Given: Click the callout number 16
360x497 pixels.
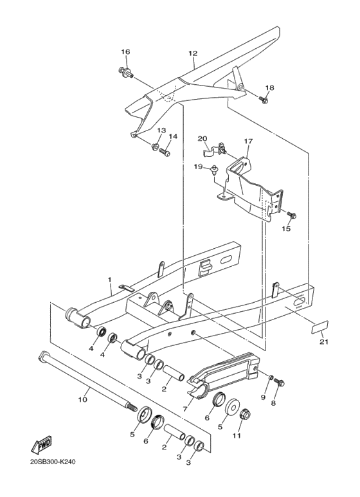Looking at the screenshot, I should point(125,51).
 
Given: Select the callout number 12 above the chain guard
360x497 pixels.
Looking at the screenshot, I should point(192,53).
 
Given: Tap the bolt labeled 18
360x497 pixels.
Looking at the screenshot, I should point(264,100).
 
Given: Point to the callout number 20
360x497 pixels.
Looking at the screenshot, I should point(203,138).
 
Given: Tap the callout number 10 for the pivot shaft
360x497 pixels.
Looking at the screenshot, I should point(82,399).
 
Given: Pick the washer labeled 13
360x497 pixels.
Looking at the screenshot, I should point(156,147).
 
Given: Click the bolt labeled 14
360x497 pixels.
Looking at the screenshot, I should point(165,152).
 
